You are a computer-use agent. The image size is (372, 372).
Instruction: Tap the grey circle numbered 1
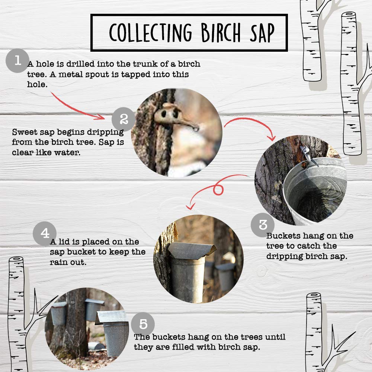(17, 61)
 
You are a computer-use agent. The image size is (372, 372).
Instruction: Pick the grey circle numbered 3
(263, 224)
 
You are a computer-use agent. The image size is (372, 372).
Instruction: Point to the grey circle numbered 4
(45, 234)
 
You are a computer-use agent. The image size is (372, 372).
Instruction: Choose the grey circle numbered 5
(143, 324)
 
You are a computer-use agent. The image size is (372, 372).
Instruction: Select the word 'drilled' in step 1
(81, 64)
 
